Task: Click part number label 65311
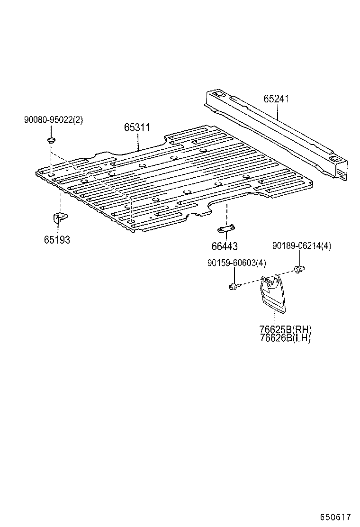(137, 127)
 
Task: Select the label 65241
(276, 99)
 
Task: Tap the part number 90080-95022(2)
(54, 120)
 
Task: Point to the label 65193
(57, 240)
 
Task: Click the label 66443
(225, 246)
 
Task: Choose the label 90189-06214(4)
(302, 245)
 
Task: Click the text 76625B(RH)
(286, 330)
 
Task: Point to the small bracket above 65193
(59, 219)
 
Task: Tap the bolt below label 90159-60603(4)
(233, 286)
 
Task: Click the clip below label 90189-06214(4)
(299, 269)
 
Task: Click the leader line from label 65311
(138, 141)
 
